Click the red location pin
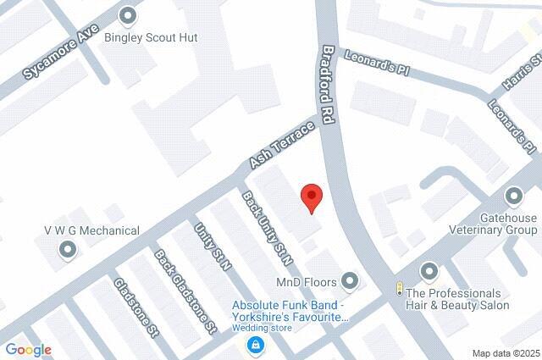[312, 197]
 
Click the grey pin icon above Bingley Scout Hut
[128, 15]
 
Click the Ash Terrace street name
[282, 144]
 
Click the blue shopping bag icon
[254, 344]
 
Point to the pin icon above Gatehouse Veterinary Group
[513, 197]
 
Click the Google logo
[28, 349]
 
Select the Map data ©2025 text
[505, 353]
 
